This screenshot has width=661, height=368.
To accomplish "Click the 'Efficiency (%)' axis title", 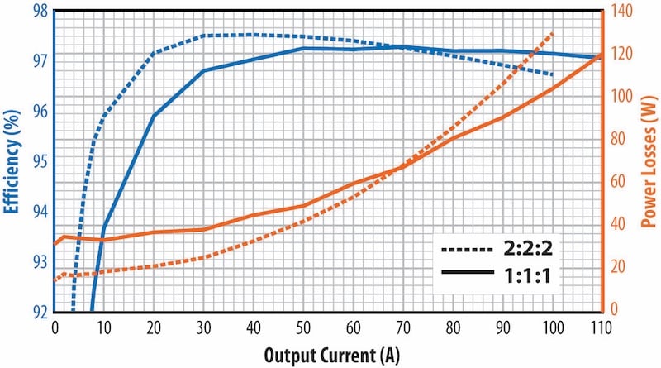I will pyautogui.click(x=12, y=161).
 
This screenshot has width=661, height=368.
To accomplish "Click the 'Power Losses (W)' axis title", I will pyautogui.click(x=647, y=161).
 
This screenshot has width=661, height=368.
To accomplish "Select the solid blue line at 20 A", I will pyautogui.click(x=154, y=116).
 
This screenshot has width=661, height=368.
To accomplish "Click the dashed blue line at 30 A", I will pyautogui.click(x=203, y=36).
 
